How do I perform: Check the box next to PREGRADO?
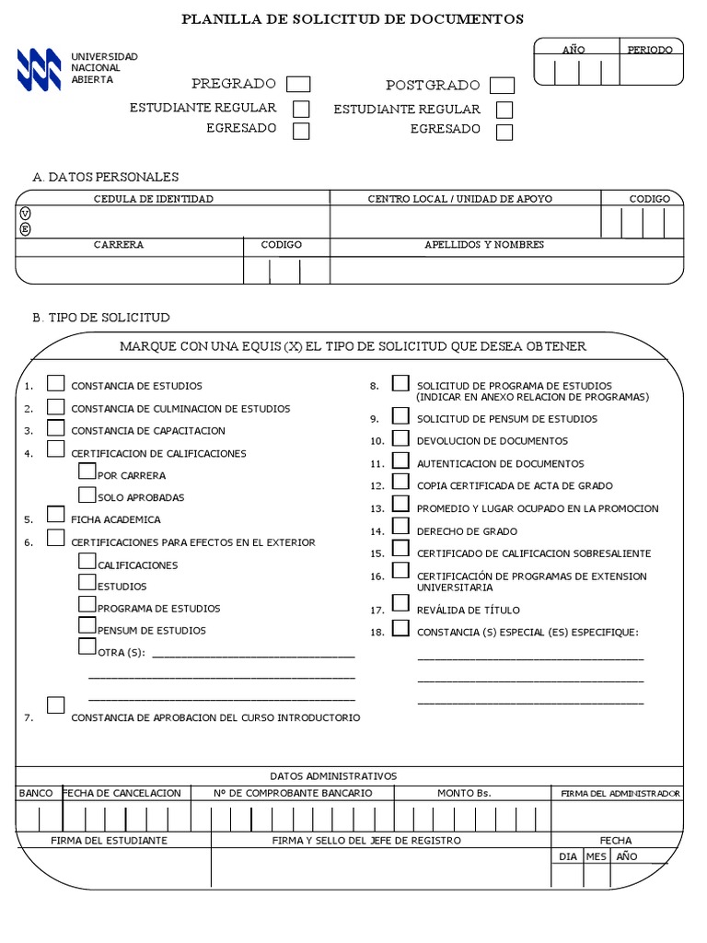point(298,85)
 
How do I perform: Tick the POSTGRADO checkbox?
point(502,86)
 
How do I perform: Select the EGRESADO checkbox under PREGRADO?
point(301,131)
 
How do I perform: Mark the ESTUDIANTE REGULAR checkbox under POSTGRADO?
point(504,110)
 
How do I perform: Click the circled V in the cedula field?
point(25,214)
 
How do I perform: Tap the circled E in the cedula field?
point(25,229)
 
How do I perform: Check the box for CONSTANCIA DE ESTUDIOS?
point(56,383)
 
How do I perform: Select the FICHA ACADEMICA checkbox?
point(56,516)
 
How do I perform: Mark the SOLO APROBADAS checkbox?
point(87,495)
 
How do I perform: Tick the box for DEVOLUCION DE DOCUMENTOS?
point(400,438)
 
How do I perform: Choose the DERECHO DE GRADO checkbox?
point(400,527)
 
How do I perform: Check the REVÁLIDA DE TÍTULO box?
point(400,603)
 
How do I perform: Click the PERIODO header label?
point(650,50)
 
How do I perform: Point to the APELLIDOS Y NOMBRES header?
point(484,245)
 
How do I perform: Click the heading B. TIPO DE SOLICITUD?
point(101,318)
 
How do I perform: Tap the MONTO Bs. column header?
point(464,793)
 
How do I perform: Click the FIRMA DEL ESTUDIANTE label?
point(109,841)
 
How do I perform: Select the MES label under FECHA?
point(596,856)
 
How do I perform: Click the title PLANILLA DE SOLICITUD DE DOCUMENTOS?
point(353,18)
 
